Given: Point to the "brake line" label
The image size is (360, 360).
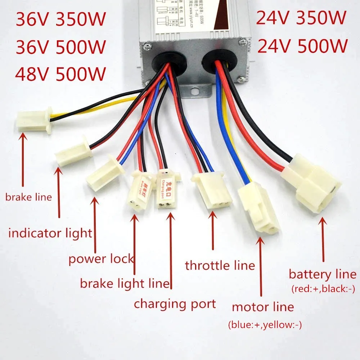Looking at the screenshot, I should click(28, 197).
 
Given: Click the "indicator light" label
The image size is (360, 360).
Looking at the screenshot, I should click(50, 233).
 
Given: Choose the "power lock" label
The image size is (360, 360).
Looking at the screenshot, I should click(101, 258).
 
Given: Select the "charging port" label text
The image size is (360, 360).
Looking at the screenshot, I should click(175, 303).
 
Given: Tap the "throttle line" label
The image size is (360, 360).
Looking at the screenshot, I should click(220, 266).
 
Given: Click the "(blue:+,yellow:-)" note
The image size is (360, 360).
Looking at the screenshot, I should click(265, 325).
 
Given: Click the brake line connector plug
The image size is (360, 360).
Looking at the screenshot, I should click(33, 120).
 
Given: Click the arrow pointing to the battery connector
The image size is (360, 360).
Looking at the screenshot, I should click(323, 238).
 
